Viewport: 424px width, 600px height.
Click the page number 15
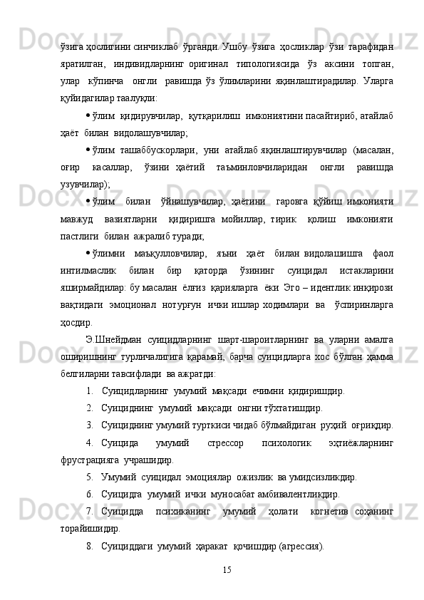point(227,569)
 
